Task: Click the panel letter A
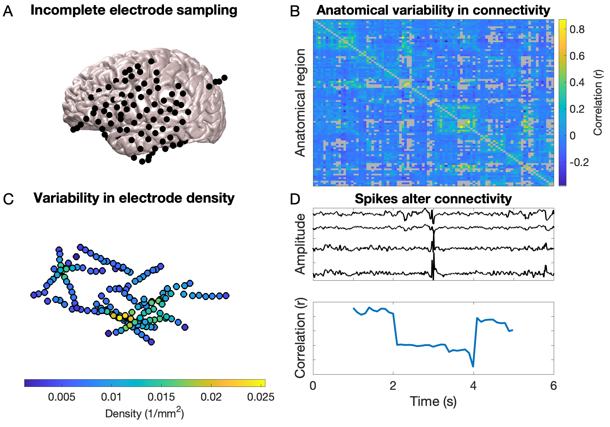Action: tap(8, 11)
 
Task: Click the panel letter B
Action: tap(295, 11)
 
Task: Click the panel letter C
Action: tap(8, 199)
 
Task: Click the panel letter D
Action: tap(295, 199)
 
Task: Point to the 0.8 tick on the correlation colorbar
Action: tap(577, 29)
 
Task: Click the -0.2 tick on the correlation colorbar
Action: tap(579, 162)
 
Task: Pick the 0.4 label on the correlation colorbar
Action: tap(577, 82)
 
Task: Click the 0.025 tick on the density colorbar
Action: tap(261, 397)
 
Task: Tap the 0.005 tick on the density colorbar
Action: tap(61, 397)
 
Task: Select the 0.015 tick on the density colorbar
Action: tap(161, 397)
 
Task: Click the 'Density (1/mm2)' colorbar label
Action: tap(144, 413)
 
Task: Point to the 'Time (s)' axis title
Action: tap(433, 401)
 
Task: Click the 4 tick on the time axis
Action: tap(473, 386)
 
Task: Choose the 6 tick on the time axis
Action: tap(553, 386)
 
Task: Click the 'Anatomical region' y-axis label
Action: tap(300, 103)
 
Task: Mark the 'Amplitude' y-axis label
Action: tap(300, 244)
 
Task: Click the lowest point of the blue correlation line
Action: tap(473, 366)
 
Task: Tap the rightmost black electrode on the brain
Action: tap(225, 78)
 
